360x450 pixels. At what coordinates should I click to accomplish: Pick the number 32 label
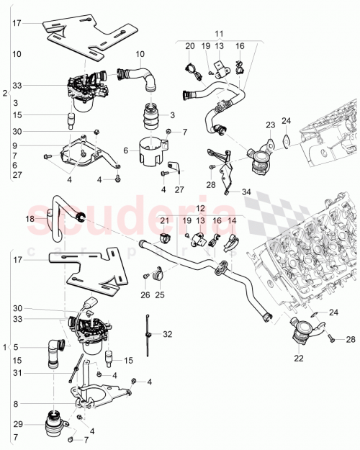tap(168, 334)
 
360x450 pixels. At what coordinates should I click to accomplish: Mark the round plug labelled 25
tap(158, 274)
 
